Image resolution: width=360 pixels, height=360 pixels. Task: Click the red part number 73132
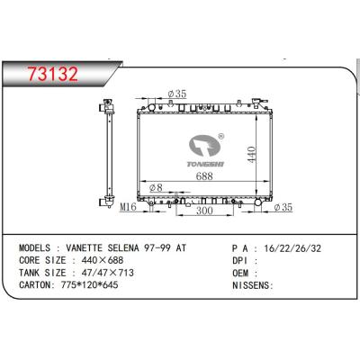pyautogui.click(x=53, y=74)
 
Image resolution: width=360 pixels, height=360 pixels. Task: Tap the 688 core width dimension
pyautogui.click(x=204, y=175)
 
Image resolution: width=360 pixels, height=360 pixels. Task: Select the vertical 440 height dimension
pyautogui.click(x=251, y=155)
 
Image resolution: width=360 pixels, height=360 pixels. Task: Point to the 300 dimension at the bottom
pyautogui.click(x=204, y=211)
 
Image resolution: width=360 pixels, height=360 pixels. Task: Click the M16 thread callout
pyautogui.click(x=128, y=207)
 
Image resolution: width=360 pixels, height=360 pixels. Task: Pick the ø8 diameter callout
pyautogui.click(x=156, y=188)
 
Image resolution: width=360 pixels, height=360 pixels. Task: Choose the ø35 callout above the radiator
pyautogui.click(x=177, y=94)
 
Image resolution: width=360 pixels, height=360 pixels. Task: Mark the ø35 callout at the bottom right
pyautogui.click(x=283, y=207)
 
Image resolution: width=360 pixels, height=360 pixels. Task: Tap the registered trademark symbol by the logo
pyautogui.click(x=220, y=136)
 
